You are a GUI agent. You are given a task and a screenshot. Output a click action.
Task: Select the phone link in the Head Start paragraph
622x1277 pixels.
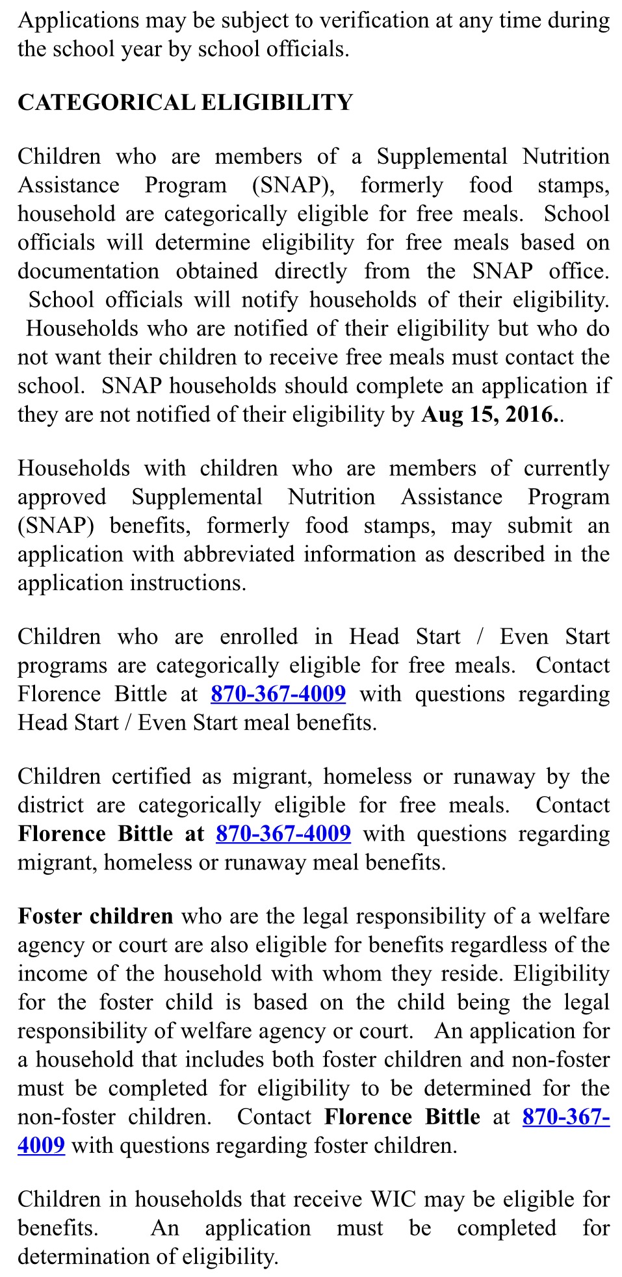278,694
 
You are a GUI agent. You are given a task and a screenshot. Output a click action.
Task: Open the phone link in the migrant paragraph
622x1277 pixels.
283,834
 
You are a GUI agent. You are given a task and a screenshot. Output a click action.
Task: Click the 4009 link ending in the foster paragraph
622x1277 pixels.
41,1145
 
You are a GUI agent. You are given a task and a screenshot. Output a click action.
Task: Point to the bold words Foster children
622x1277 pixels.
96,916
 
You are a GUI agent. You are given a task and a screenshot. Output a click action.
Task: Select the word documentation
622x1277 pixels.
88,271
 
